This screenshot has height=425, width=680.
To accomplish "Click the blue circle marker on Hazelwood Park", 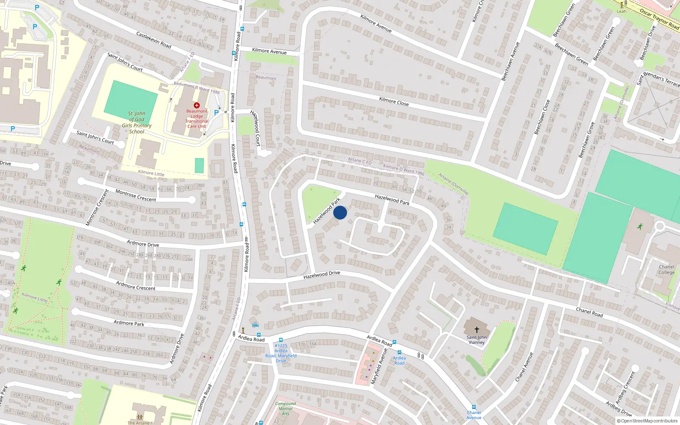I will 340,212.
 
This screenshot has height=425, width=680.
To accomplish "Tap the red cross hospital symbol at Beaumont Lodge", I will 197,105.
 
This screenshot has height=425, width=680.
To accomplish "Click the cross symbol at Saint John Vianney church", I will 476,329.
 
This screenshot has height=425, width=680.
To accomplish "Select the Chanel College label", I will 666,270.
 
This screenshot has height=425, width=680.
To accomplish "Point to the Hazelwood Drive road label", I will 322,275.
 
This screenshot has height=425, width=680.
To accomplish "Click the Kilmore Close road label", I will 394,101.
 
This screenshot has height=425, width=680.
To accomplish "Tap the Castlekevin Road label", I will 153,40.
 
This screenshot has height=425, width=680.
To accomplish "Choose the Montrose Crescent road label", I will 136,195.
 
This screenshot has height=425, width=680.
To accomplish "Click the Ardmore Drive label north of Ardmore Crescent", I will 143,244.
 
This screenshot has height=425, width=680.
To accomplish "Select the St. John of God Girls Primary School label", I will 136,122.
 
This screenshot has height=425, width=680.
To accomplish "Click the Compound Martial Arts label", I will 286,408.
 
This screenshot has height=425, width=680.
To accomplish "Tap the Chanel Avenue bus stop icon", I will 473,407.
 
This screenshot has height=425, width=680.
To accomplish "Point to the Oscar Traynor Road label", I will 659,19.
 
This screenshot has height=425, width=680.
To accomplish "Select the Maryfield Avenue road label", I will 379,366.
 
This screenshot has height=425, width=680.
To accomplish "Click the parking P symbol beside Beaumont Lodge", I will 216,113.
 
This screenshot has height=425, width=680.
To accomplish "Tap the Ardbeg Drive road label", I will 618,409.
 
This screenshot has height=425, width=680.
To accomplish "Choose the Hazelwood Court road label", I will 255,128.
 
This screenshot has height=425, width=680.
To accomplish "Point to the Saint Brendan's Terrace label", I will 659,78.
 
